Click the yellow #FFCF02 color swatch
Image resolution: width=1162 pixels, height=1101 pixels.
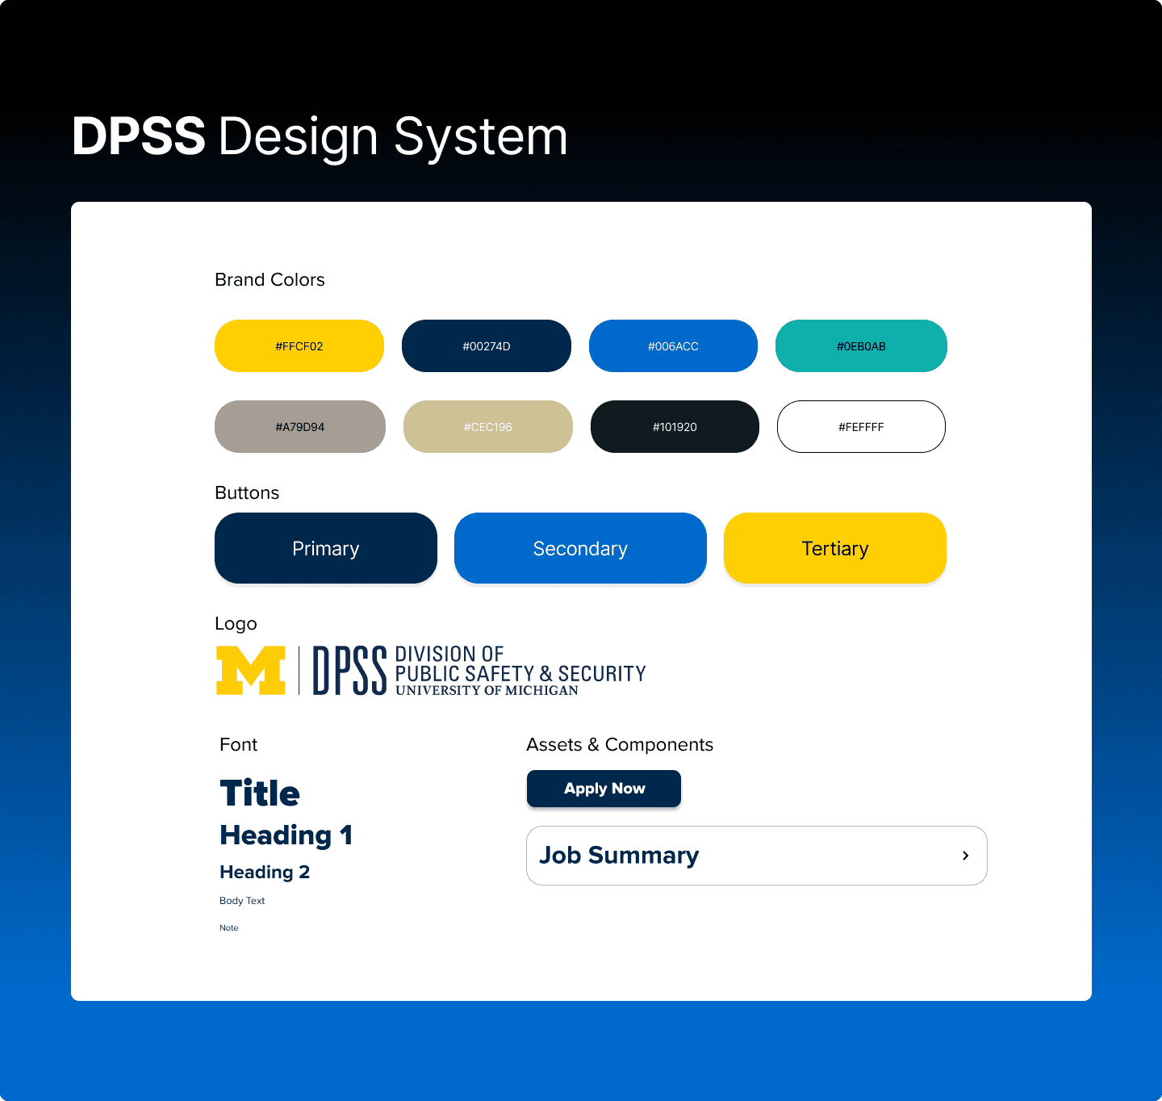tap(299, 346)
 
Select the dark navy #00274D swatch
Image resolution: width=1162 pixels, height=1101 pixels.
tap(486, 346)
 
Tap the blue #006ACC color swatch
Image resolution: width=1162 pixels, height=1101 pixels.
tap(673, 346)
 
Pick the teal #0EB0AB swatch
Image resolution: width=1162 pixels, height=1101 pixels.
tap(861, 346)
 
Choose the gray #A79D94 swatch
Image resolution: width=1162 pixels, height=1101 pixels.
tap(299, 427)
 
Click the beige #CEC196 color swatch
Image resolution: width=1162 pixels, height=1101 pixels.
tap(487, 427)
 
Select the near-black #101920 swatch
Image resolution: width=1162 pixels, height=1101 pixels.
tap(675, 427)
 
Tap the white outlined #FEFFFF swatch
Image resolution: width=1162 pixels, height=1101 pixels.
tap(861, 427)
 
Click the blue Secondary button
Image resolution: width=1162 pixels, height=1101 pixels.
tap(580, 548)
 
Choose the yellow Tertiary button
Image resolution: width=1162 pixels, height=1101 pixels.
tap(834, 548)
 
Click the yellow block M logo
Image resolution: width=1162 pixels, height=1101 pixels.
tap(251, 670)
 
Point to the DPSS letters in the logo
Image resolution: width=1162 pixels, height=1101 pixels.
tap(349, 671)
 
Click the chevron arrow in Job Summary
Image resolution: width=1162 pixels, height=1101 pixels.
tap(965, 856)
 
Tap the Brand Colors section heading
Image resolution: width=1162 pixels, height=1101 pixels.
tap(270, 279)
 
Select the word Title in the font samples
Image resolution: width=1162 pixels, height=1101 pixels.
tap(260, 793)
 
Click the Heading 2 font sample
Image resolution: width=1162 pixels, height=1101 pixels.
tap(265, 872)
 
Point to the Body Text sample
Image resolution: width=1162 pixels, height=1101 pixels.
tap(242, 901)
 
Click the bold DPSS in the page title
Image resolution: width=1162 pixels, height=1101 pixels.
tap(139, 136)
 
